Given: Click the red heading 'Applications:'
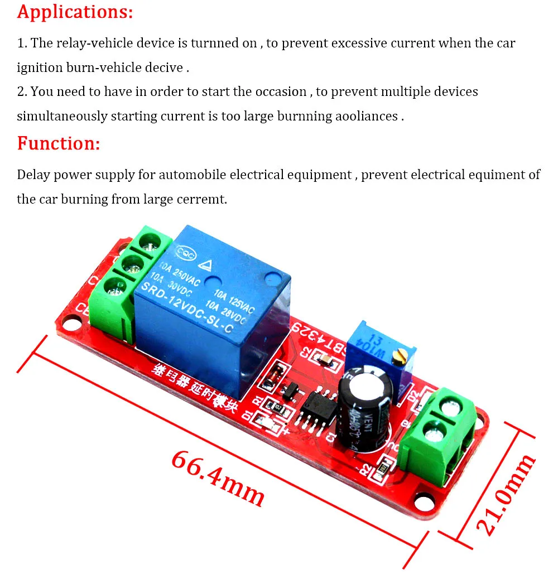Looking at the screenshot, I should click(x=75, y=12).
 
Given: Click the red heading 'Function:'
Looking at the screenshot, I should click(x=59, y=143).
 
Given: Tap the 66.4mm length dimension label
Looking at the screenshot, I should click(x=218, y=478).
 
